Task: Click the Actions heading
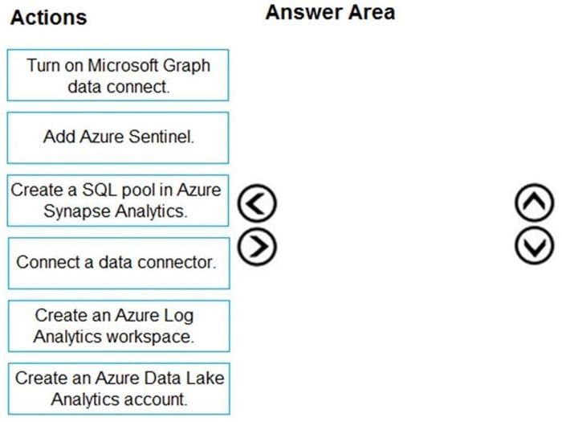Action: pyautogui.click(x=49, y=18)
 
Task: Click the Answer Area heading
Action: pyautogui.click(x=330, y=13)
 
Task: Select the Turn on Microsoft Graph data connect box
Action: pyautogui.click(x=118, y=76)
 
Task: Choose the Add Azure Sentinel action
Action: pyautogui.click(x=118, y=137)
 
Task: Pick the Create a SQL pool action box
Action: pyautogui.click(x=118, y=201)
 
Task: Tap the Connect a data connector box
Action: pyautogui.click(x=119, y=263)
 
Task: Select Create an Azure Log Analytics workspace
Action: pyautogui.click(x=119, y=326)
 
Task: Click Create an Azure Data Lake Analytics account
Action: pyautogui.click(x=119, y=388)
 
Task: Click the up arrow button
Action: pyautogui.click(x=535, y=203)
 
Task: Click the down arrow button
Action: pyautogui.click(x=535, y=246)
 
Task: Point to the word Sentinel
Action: pyautogui.click(x=161, y=137)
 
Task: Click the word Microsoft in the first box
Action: pyautogui.click(x=123, y=65)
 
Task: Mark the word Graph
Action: pyautogui.click(x=186, y=66)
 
